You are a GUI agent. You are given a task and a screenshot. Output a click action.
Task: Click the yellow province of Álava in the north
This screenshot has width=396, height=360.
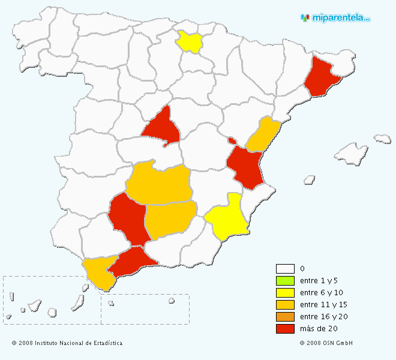(190, 41)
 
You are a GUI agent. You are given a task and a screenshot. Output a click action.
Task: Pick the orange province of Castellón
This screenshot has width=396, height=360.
(263, 136)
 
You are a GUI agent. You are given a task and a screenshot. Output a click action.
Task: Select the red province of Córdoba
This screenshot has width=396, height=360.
(128, 219)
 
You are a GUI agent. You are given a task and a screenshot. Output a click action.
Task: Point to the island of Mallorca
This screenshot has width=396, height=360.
(350, 153)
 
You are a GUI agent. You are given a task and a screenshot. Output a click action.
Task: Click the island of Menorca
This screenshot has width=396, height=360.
(382, 139)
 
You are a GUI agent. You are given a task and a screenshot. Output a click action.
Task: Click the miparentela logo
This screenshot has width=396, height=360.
(335, 17)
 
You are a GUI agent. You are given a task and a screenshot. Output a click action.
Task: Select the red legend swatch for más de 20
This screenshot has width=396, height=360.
(285, 329)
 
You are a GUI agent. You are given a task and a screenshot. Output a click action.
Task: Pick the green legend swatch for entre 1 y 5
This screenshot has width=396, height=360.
(285, 281)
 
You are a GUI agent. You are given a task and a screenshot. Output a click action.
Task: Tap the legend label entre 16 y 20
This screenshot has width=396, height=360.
(323, 317)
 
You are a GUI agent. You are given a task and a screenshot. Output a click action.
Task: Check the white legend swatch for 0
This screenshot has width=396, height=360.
(285, 269)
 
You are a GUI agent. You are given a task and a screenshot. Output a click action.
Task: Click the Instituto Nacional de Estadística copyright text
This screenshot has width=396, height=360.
(67, 343)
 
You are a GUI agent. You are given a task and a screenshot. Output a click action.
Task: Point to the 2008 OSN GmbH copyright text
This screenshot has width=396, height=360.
(326, 343)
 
